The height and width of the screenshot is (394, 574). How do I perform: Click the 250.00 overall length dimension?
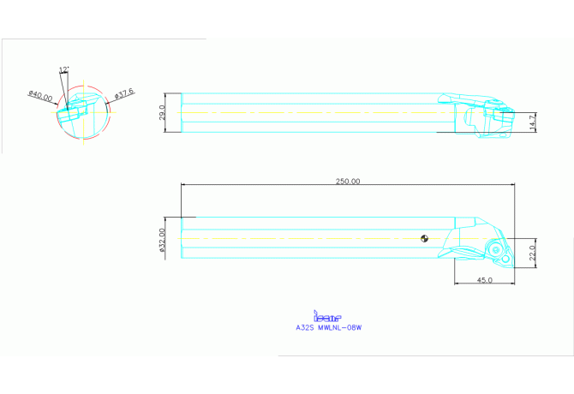[348, 181]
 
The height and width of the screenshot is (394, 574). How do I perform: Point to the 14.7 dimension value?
[532, 122]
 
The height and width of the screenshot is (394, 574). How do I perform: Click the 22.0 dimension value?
[532, 254]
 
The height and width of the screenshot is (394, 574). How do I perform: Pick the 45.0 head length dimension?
[483, 280]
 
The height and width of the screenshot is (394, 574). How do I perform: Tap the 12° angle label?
[64, 69]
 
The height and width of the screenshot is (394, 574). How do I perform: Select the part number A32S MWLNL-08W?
[329, 326]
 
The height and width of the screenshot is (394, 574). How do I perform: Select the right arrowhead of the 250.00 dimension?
[511, 184]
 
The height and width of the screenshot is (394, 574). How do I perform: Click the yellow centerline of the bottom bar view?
[300, 238]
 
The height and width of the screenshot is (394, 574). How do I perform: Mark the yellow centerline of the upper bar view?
[300, 112]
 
